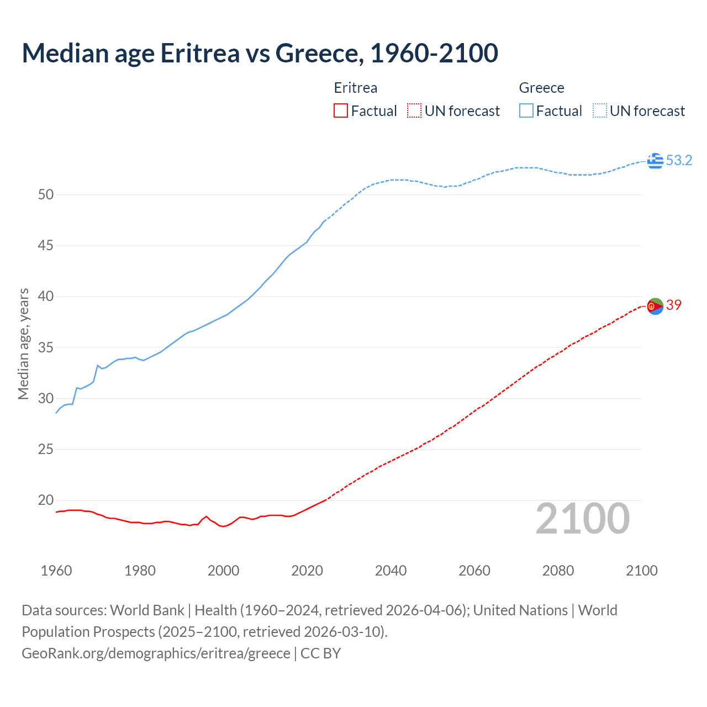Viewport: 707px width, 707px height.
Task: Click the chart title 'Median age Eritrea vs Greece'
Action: click(x=260, y=53)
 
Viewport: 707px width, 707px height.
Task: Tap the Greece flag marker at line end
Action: click(x=655, y=161)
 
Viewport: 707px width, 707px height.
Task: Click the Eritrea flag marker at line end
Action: click(x=655, y=305)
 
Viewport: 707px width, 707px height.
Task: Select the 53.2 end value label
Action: click(x=679, y=161)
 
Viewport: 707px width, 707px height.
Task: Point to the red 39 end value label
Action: click(x=674, y=305)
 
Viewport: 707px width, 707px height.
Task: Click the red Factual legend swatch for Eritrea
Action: click(x=341, y=111)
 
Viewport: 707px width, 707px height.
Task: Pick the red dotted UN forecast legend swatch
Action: click(x=414, y=111)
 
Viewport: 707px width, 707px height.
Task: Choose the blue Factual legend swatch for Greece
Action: click(x=526, y=111)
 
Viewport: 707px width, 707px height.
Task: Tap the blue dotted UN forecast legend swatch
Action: click(x=599, y=111)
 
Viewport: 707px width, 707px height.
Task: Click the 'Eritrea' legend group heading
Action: click(x=356, y=88)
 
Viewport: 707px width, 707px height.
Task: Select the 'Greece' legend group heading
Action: click(x=541, y=88)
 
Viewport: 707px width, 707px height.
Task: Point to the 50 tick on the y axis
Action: click(x=46, y=194)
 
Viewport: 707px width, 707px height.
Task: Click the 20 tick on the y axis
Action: click(x=46, y=500)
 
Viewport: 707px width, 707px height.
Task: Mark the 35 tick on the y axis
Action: click(x=46, y=347)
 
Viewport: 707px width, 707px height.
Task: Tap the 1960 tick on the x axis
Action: click(x=56, y=571)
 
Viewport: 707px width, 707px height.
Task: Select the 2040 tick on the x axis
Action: click(x=391, y=571)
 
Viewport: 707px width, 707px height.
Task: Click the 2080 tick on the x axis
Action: click(x=558, y=571)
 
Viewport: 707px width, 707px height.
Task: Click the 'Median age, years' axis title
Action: click(x=23, y=344)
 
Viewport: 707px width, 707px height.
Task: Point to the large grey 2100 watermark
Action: click(x=582, y=519)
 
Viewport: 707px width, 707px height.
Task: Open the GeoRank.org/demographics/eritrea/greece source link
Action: click(x=156, y=653)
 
